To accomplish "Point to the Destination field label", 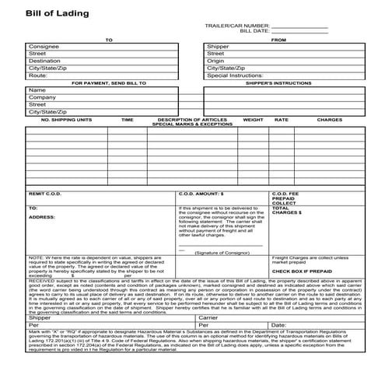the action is (44, 61).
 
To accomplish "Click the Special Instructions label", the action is (234, 75).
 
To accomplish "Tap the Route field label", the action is (38, 75).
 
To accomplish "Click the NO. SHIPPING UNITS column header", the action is (66, 120).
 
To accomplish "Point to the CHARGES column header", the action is (329, 120).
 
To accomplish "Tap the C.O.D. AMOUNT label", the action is (201, 193).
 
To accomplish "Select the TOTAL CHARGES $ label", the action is (287, 210).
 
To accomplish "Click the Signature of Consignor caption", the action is (222, 253).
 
